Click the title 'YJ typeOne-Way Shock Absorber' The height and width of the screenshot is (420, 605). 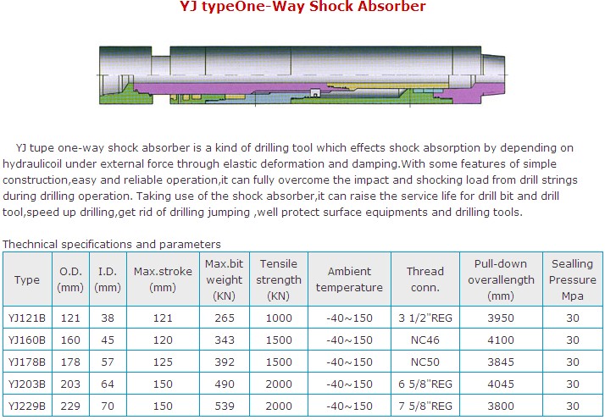click(302, 7)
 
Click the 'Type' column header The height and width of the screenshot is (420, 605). click(27, 279)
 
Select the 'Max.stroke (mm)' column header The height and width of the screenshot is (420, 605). click(163, 279)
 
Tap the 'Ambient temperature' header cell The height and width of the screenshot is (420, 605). click(349, 279)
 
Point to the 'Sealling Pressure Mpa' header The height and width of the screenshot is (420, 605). click(573, 279)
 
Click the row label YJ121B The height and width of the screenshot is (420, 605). click(27, 318)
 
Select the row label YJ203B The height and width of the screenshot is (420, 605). click(27, 384)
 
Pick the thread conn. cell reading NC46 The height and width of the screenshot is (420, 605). click(425, 340)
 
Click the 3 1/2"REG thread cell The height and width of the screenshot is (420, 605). click(425, 318)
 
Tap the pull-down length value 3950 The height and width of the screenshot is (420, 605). click(501, 318)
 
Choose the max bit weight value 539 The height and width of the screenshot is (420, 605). click(225, 406)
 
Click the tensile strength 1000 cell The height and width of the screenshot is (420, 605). click(279, 318)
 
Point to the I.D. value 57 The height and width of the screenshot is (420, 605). click(108, 362)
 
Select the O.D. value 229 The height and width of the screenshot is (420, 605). click(70, 406)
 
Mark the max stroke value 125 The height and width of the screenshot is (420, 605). click(163, 362)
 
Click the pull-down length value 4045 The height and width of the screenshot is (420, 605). click(501, 384)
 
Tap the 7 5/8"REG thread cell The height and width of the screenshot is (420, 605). click(425, 406)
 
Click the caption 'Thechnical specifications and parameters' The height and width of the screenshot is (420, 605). click(112, 244)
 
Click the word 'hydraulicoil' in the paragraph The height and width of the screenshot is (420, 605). click(32, 164)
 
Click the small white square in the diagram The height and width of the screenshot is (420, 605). click(316, 93)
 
